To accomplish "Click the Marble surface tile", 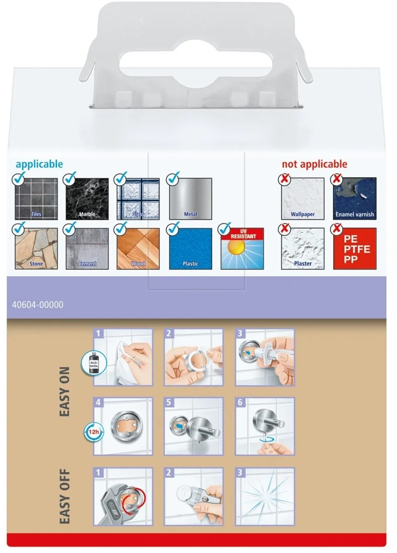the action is pyautogui.click(x=87, y=199).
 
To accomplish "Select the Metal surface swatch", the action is pyautogui.click(x=190, y=199).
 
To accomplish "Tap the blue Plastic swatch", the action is pyautogui.click(x=190, y=248).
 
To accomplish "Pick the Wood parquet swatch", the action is pyautogui.click(x=138, y=248).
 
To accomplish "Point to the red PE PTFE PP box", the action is pyautogui.click(x=355, y=248).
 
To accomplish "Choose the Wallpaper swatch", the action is pyautogui.click(x=303, y=199).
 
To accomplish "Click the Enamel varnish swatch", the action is pyautogui.click(x=355, y=199).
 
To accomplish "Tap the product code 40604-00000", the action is pyautogui.click(x=37, y=305).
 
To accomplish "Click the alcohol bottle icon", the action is pyautogui.click(x=94, y=364).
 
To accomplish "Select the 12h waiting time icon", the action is pyautogui.click(x=94, y=432).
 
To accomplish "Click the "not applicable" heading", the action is pyautogui.click(x=314, y=164).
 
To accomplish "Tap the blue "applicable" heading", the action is pyautogui.click(x=39, y=164).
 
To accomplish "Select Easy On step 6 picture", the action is pyautogui.click(x=265, y=426).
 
